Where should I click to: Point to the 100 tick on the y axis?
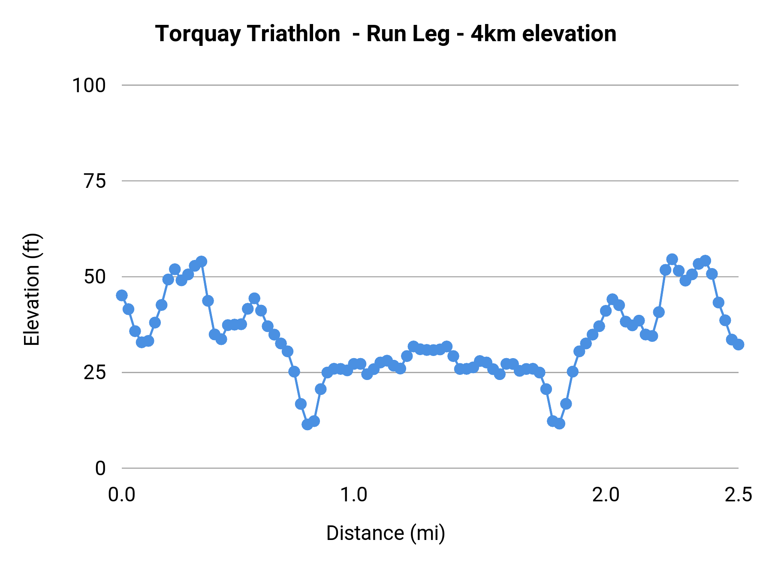pos(89,85)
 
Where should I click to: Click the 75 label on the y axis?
pos(94,181)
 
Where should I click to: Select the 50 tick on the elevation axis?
pos(94,277)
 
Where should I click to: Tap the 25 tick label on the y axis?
pos(94,373)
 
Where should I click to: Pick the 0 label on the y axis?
pos(100,468)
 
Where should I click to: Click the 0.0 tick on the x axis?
pos(122,495)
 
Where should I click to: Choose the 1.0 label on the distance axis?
pos(353,495)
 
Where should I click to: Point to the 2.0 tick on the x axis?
pos(606,495)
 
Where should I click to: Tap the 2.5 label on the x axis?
pos(738,495)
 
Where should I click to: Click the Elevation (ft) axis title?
pos(32,289)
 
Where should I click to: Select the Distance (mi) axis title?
pos(386,533)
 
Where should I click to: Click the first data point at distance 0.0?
pos(122,295)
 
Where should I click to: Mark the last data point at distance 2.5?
pos(738,344)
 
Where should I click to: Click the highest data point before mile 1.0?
pos(202,261)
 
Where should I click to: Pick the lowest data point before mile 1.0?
pos(308,425)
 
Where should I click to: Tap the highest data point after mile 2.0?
pos(672,259)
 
